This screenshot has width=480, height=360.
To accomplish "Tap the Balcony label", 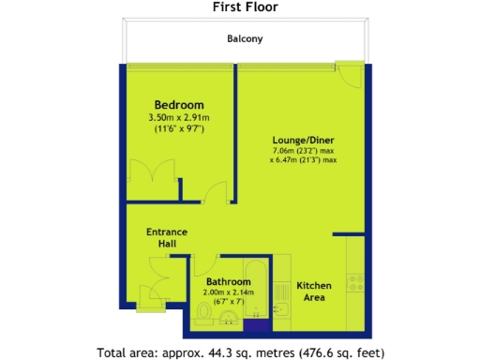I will [245, 39].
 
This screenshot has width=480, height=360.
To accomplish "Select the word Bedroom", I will [179, 104].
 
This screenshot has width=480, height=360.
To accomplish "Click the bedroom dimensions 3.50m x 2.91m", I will [179, 117].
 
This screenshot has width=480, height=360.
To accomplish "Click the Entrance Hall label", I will [166, 238].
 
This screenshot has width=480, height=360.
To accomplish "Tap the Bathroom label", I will [227, 281].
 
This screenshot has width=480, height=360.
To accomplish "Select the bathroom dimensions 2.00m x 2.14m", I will [227, 292].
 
